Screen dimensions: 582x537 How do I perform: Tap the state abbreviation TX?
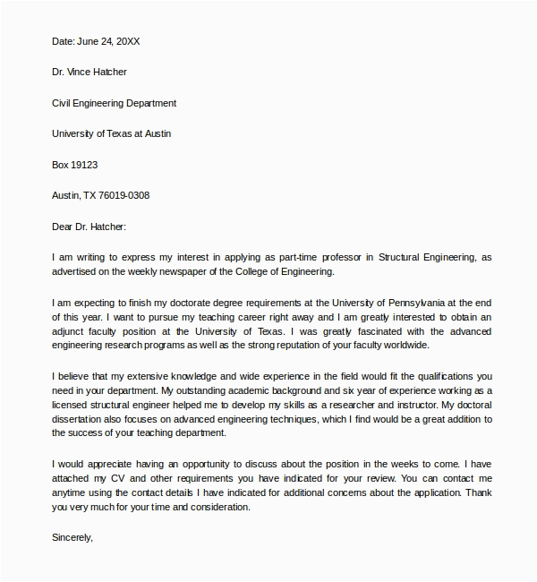point(93,195)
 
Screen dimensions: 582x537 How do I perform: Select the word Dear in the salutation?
point(64,227)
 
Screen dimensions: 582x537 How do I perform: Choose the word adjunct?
point(72,331)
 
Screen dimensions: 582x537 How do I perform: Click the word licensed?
point(72,405)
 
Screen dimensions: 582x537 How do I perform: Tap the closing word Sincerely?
point(72,539)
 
